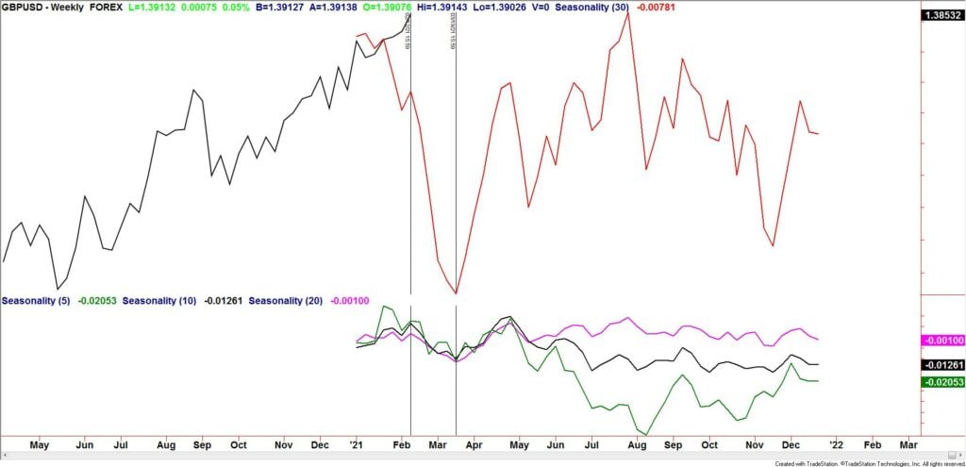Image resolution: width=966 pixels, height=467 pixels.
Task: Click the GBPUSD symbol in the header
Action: (x=20, y=7)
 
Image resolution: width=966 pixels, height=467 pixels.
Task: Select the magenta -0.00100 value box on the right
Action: (x=942, y=340)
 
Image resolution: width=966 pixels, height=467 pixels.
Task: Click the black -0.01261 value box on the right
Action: (x=942, y=364)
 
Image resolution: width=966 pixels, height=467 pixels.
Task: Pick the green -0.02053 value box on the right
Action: (x=942, y=381)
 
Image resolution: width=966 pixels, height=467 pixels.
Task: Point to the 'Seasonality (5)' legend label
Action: (x=34, y=301)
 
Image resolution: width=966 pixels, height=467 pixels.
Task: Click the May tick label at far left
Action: (x=39, y=443)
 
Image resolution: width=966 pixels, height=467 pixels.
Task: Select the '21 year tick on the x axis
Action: (x=357, y=443)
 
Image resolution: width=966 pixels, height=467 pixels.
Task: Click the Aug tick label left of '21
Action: (x=165, y=443)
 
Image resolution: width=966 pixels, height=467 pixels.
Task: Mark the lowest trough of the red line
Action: (x=456, y=293)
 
